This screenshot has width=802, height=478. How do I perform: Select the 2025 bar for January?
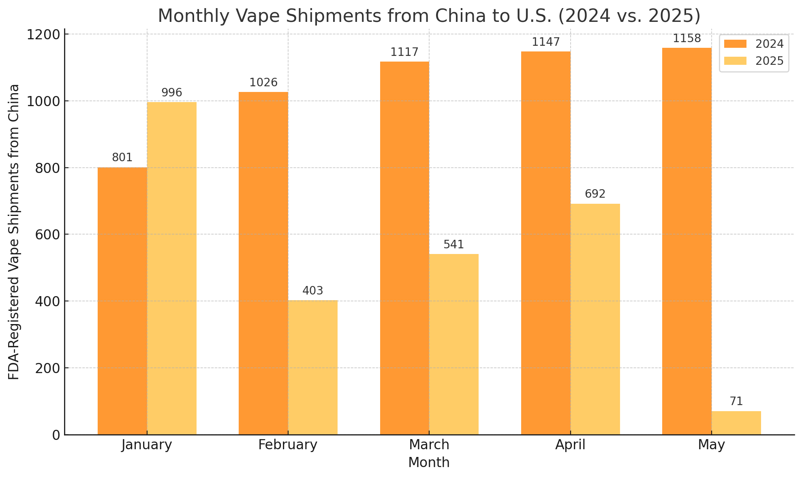coord(172,268)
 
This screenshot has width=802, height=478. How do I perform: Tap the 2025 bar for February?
coord(313,367)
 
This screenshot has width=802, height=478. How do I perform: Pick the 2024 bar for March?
coord(404,248)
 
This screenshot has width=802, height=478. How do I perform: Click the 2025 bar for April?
coord(595,319)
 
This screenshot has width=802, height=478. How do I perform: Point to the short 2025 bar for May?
coord(736,423)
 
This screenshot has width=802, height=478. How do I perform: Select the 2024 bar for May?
coord(687,241)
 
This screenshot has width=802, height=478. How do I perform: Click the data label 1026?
coord(263,83)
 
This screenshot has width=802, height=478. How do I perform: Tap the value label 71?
coord(736,401)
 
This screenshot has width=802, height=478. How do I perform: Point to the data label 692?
coord(595,194)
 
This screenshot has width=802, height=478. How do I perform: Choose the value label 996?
coord(172,93)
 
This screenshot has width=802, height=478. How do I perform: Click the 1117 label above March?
coord(404,52)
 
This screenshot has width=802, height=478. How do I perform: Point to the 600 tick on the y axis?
coord(49,235)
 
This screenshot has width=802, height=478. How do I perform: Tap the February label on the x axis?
coord(288,445)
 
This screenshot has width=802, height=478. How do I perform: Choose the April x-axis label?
coord(570,445)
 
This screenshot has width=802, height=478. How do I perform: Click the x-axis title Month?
coord(429,463)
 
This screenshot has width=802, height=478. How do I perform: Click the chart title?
coord(429,16)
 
